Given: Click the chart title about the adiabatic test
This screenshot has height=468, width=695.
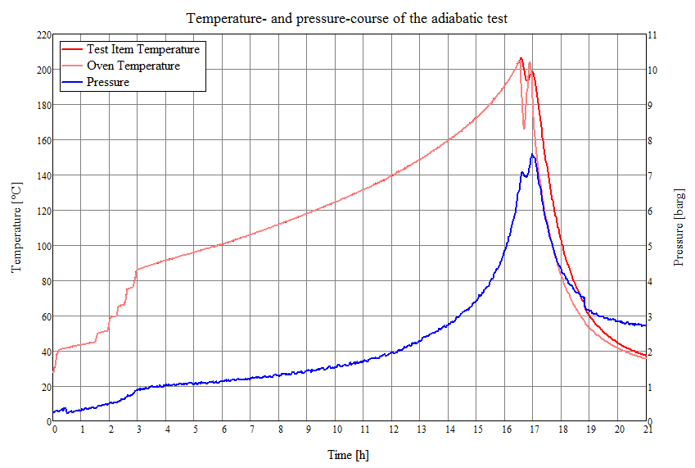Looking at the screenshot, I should (347, 17).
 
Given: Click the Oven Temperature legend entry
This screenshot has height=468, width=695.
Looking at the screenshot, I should (133, 66).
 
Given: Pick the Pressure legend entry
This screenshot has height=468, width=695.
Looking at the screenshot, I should (107, 82).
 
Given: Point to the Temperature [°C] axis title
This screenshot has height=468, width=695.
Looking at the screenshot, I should (16, 228).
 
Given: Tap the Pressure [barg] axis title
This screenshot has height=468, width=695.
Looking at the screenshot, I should (678, 228).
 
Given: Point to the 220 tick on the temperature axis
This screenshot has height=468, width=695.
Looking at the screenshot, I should (40, 35).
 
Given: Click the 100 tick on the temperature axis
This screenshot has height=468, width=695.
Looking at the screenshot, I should (40, 246).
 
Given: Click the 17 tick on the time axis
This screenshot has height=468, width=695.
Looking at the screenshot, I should (534, 429).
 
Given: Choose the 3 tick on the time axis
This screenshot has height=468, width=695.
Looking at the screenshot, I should (138, 429).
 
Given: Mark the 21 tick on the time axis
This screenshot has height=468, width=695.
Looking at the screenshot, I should (647, 429).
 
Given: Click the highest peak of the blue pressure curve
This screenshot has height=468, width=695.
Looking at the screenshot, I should (532, 154).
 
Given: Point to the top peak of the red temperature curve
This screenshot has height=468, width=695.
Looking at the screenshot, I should (521, 58).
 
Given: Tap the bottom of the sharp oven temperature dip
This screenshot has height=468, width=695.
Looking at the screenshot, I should (525, 128).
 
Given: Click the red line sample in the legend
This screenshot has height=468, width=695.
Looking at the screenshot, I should (71, 49).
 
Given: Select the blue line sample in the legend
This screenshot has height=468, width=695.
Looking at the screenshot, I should (71, 82).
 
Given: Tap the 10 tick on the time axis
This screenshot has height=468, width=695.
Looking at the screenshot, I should (336, 429).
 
